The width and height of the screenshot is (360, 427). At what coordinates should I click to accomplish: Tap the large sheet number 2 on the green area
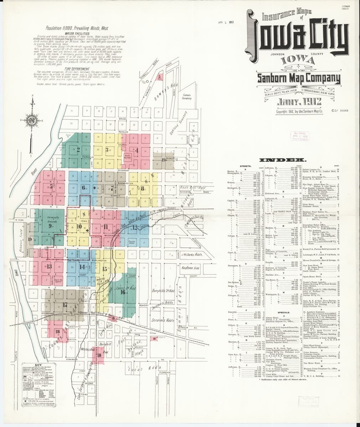78,149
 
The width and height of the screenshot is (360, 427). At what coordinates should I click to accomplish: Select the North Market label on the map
127,156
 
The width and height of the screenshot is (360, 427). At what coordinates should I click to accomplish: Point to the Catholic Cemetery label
187,97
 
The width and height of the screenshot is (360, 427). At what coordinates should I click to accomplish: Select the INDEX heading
282,160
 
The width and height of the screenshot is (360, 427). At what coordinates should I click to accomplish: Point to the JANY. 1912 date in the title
299,102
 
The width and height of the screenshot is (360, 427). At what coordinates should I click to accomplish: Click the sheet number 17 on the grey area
65,305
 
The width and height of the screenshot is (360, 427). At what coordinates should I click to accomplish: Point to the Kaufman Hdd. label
192,268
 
